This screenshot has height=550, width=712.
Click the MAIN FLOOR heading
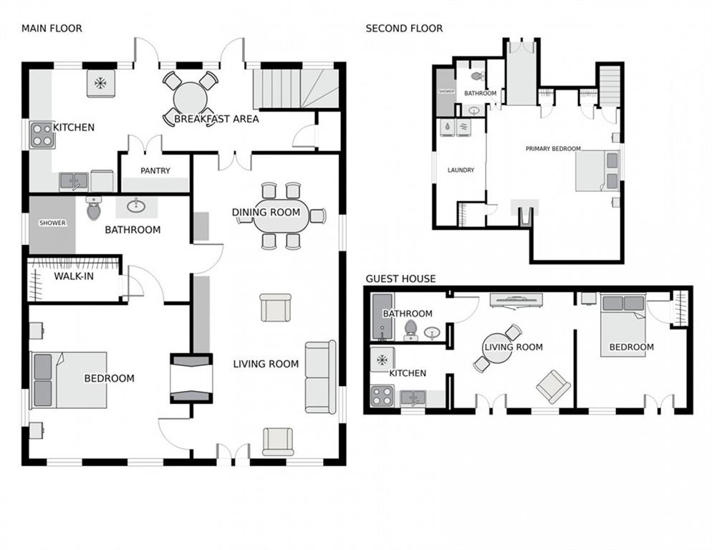coord(52,29)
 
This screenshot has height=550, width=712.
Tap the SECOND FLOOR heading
coord(404,29)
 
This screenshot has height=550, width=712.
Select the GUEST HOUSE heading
coord(400,279)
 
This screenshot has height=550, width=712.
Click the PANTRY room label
coord(155,170)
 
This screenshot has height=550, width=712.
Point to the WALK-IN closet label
coord(74,276)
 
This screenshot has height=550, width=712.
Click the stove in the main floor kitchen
coord(42,135)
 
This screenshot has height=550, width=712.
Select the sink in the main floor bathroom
coord(136,207)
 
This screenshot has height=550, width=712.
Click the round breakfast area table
coord(191,99)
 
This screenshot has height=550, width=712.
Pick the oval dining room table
coord(281,216)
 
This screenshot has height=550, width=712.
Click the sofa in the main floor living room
coord(321,377)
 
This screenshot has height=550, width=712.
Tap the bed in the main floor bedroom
coord(69,380)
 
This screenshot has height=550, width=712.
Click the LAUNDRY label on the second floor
coord(461,170)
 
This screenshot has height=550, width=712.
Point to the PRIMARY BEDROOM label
coord(553,148)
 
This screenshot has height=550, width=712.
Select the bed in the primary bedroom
coord(597,171)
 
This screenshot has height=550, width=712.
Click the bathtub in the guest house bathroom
coord(383,317)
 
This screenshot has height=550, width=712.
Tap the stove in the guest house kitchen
coord(382,395)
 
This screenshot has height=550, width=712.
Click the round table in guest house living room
coord(497,348)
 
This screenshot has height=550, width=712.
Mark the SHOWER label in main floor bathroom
coord(52,223)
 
